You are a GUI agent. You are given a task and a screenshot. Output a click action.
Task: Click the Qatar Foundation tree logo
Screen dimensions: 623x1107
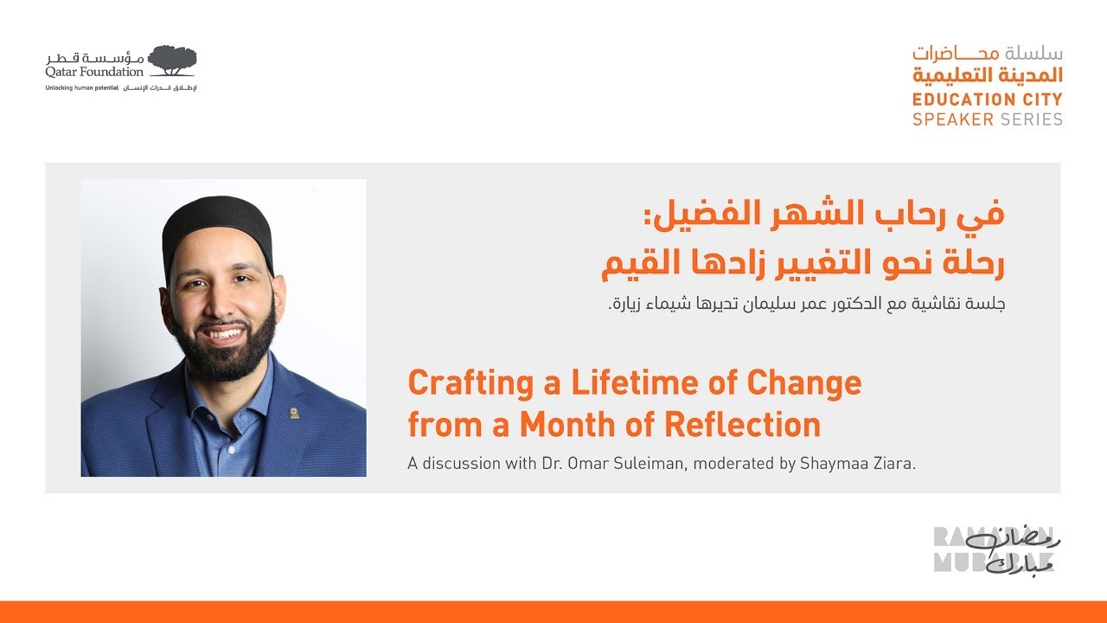pyautogui.click(x=172, y=60)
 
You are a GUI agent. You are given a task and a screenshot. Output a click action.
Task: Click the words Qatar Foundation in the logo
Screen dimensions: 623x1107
pyautogui.click(x=95, y=72)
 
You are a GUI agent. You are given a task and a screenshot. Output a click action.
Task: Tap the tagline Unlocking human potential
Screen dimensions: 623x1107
pyautogui.click(x=81, y=88)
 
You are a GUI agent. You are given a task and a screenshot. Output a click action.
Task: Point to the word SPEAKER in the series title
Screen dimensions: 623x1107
pyautogui.click(x=952, y=119)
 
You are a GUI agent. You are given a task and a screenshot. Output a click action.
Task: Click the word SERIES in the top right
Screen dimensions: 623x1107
pyautogui.click(x=1031, y=119)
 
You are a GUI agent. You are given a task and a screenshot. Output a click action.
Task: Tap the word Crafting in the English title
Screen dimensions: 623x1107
pyautogui.click(x=458, y=383)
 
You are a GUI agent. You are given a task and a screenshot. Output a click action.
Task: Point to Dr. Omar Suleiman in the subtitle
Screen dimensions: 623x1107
pyautogui.click(x=604, y=464)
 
